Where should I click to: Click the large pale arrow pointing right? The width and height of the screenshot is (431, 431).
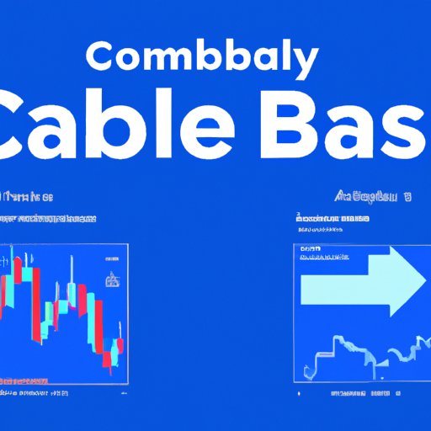(x=358, y=285)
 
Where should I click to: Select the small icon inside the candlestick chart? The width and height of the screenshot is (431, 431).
(x=110, y=279)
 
